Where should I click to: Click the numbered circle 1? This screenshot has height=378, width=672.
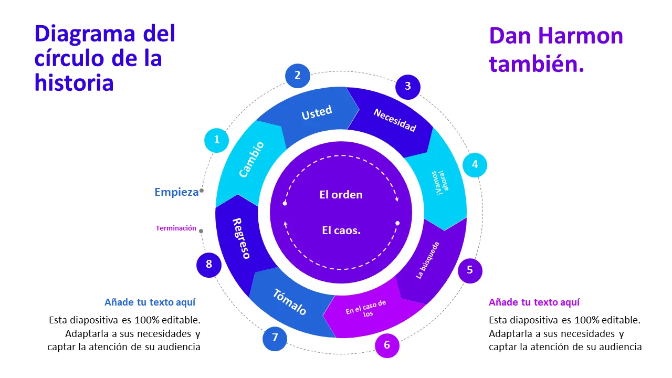click(x=216, y=140)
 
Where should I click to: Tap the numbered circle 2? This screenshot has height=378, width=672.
click(x=298, y=75)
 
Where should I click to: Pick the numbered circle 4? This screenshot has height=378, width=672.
click(x=475, y=164)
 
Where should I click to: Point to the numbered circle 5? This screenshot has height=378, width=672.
click(x=470, y=270)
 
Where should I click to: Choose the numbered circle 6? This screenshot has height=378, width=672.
click(x=387, y=345)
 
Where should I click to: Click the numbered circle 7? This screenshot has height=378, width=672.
click(x=275, y=338)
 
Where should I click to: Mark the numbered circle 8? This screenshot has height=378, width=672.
click(x=209, y=264)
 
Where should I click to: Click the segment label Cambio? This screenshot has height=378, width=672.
click(x=251, y=159)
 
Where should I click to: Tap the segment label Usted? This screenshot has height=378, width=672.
click(x=317, y=112)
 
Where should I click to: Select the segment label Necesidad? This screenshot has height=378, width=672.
click(x=394, y=120)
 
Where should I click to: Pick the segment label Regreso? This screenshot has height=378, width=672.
click(x=241, y=238)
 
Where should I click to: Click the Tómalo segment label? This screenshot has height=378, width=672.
click(x=289, y=302)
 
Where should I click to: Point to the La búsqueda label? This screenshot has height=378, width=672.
click(x=427, y=260)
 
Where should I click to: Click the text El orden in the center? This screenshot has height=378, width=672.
click(x=341, y=195)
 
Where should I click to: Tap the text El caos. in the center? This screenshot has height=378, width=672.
click(x=341, y=230)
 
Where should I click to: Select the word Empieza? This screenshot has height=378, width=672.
click(x=176, y=192)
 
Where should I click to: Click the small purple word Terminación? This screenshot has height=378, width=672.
click(x=176, y=228)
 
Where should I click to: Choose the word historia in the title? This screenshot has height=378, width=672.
click(x=74, y=82)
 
